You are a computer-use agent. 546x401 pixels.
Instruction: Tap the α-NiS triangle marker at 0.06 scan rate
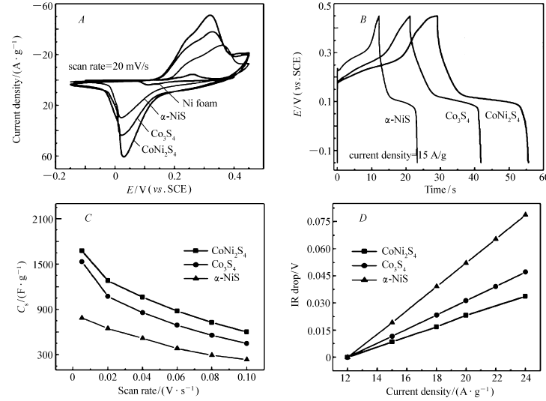177,349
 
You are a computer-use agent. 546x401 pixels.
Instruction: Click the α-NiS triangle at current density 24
525,214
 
